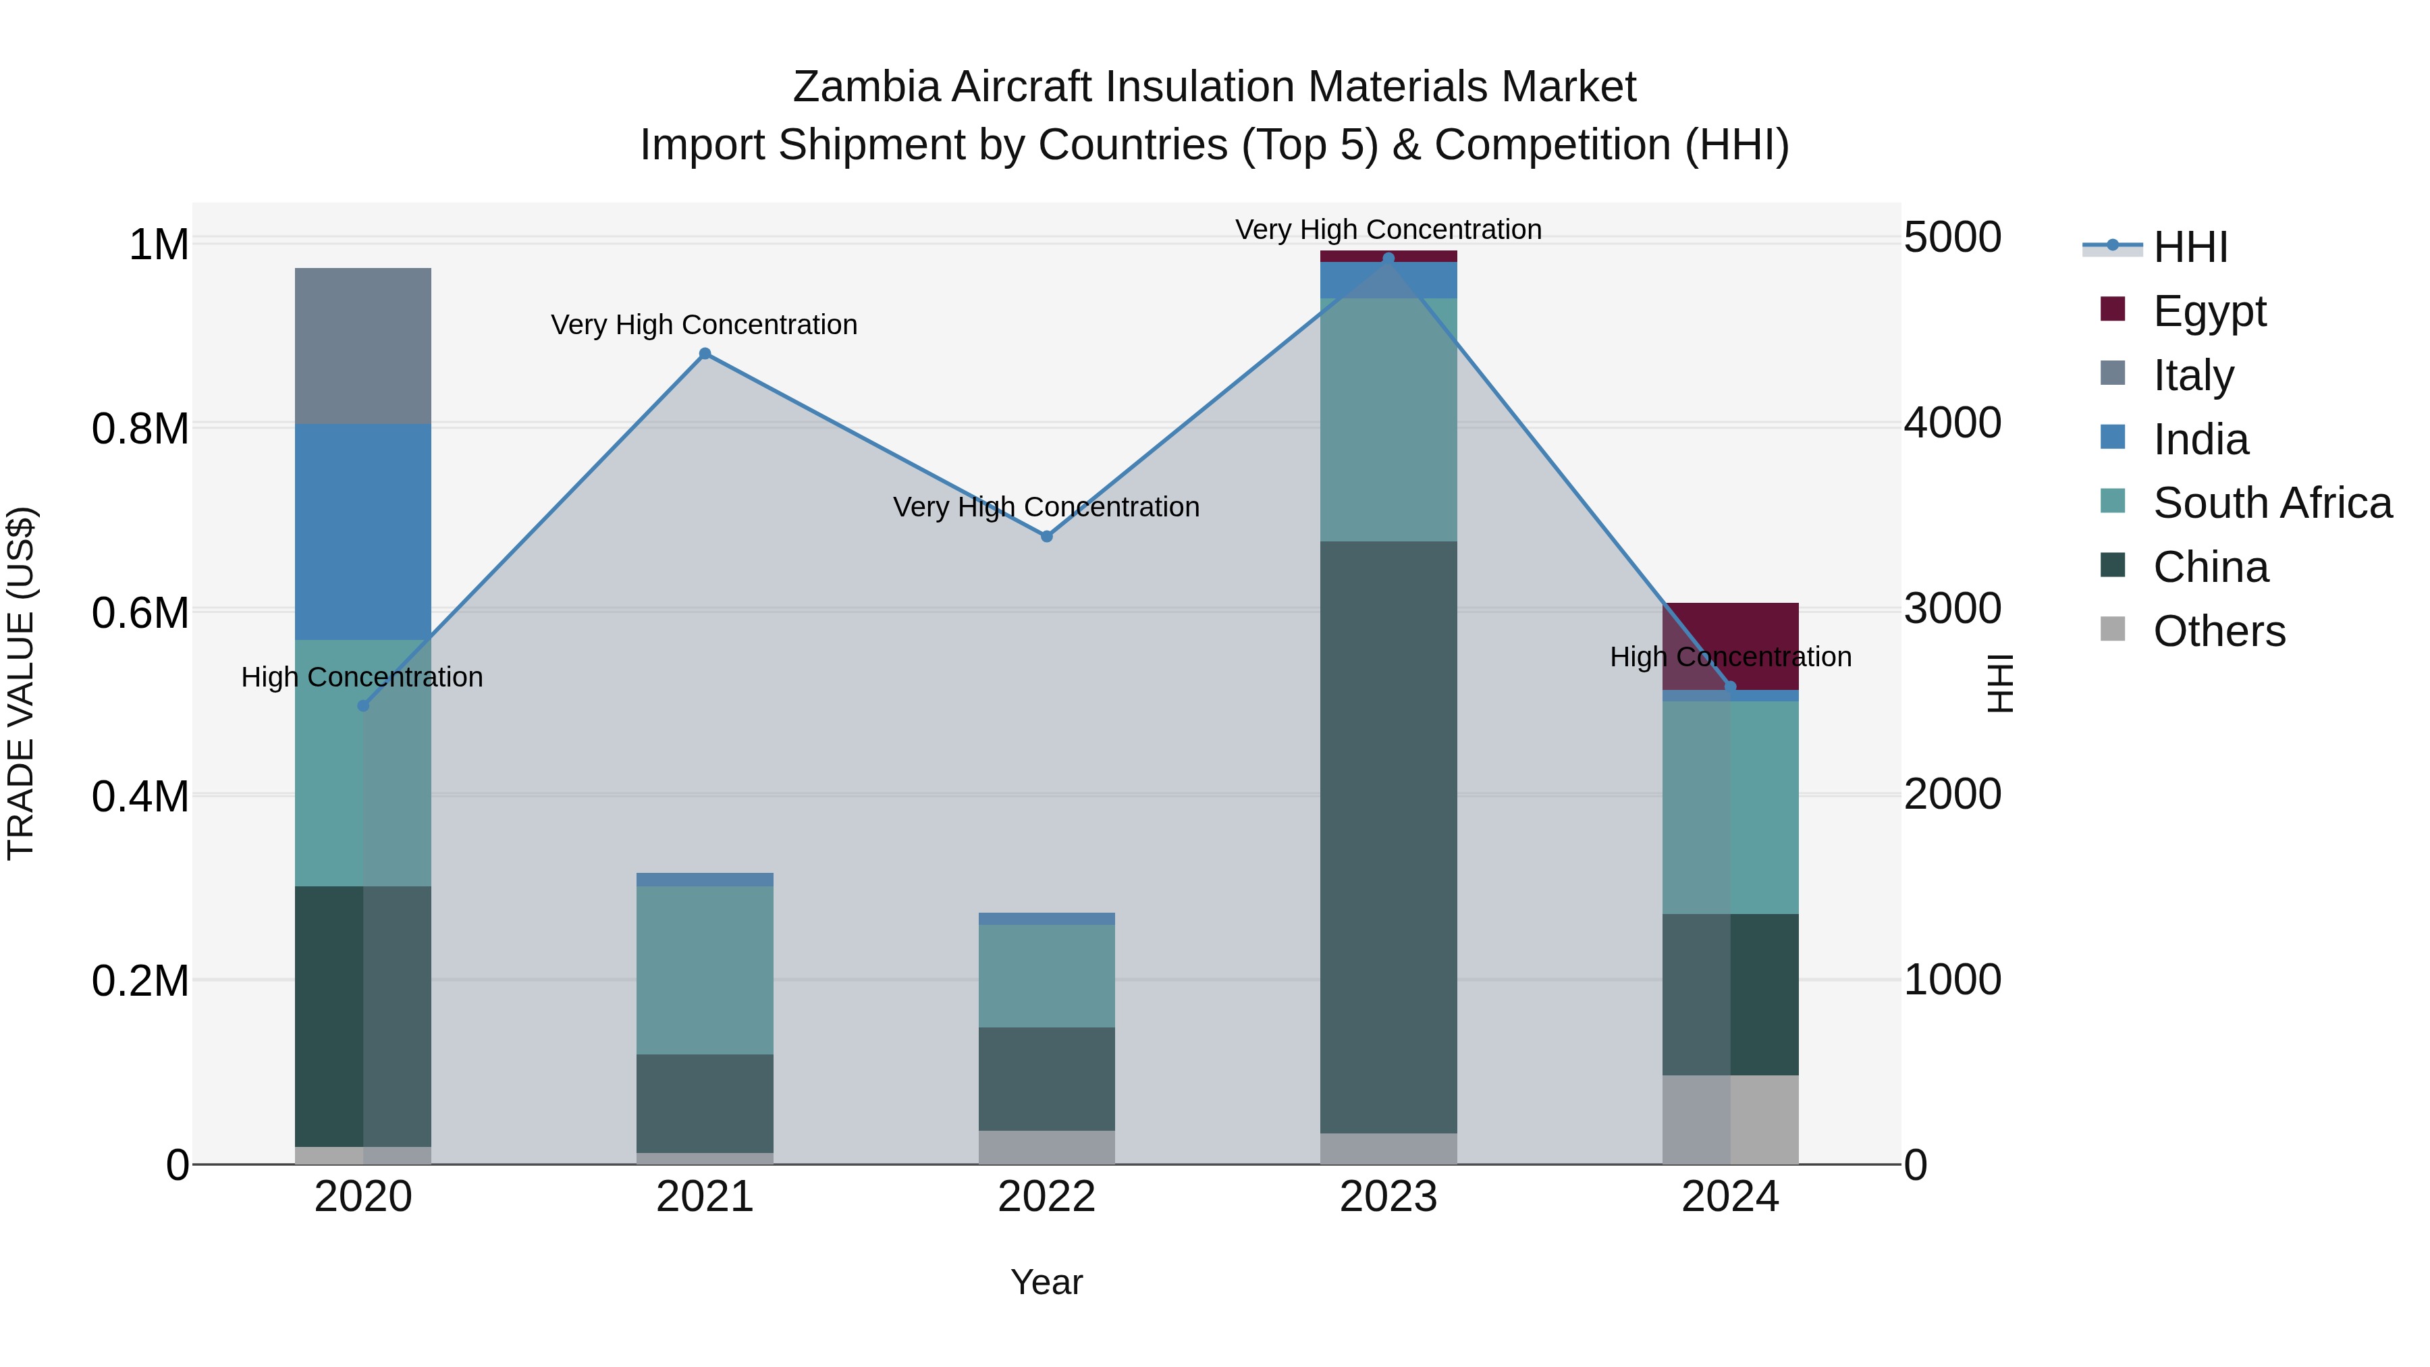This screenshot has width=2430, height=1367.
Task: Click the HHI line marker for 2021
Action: [705, 354]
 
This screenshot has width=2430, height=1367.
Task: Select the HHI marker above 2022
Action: [1046, 536]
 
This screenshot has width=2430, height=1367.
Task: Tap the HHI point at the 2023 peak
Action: [1388, 259]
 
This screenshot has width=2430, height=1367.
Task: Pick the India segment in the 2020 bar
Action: [363, 531]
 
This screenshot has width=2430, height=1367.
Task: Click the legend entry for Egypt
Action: [2209, 311]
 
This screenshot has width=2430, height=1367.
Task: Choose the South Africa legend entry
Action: [2271, 503]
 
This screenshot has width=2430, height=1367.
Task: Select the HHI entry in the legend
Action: [2190, 247]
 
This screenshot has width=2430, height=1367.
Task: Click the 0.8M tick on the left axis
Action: [140, 428]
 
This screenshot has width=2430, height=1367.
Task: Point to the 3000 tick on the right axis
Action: [1951, 608]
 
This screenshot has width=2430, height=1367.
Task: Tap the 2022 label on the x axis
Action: [1046, 1197]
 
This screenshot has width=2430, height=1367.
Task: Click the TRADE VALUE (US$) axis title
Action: [21, 683]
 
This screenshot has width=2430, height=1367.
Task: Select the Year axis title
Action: [1046, 1282]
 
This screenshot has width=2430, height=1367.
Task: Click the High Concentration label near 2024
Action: [1730, 657]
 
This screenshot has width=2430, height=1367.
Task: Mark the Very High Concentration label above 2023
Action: [1388, 230]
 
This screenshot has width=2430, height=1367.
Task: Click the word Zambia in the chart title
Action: [866, 87]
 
